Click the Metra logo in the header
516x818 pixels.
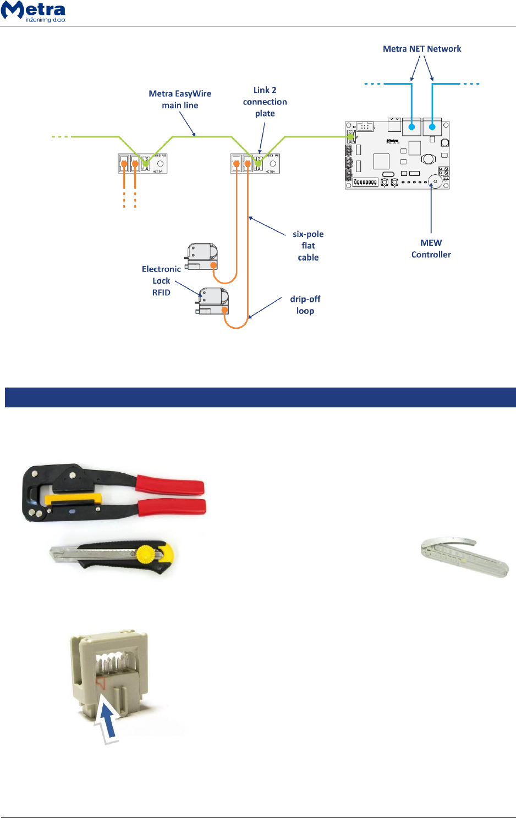click(34, 12)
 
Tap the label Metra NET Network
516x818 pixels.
click(422, 49)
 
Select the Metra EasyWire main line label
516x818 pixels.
click(180, 100)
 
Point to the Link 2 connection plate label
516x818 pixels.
click(265, 102)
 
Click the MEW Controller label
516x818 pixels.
click(431, 248)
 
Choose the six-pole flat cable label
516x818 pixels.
click(308, 246)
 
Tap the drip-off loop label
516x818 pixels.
click(305, 305)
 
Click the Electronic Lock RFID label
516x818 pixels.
click(161, 280)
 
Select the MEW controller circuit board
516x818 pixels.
click(397, 156)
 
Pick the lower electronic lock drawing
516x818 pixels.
click(213, 301)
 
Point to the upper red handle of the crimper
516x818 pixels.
click(171, 485)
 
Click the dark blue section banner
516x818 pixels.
click(260, 397)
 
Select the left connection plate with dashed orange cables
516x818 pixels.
click(142, 163)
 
